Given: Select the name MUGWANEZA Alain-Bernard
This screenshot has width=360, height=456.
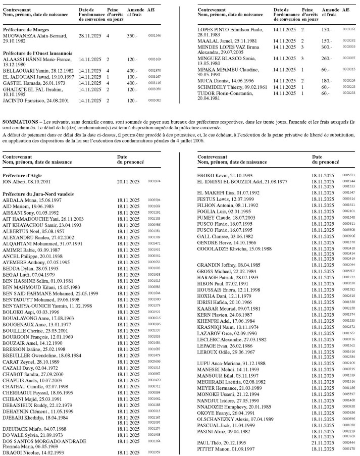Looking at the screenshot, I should click(x=35, y=36).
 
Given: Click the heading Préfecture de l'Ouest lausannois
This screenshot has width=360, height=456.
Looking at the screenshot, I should click(x=37, y=53).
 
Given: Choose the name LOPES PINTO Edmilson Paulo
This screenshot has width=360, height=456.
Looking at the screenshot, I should click(x=227, y=30).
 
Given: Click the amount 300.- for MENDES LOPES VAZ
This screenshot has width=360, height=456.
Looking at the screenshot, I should click(x=327, y=46).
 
